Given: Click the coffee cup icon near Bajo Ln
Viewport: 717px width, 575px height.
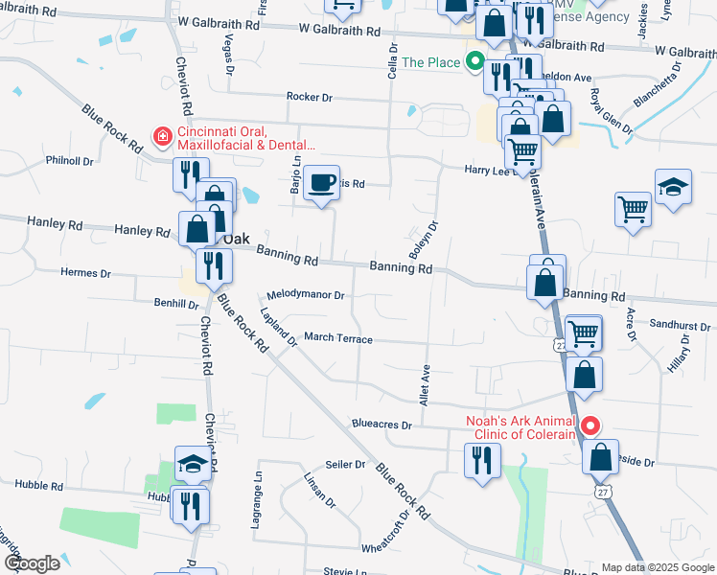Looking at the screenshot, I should click(322, 183).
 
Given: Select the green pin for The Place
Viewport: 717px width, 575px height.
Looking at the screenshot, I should click(474, 63).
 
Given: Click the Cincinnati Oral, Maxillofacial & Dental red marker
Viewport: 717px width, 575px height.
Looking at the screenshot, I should click(163, 137).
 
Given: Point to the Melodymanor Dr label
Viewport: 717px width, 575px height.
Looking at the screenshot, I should click(305, 295).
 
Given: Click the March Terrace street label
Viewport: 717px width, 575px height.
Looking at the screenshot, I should click(337, 338).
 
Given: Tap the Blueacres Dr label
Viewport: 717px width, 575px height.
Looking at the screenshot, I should click(382, 424).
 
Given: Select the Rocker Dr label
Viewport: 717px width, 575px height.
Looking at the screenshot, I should click(309, 97).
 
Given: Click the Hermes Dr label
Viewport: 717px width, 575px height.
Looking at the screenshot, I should click(85, 272).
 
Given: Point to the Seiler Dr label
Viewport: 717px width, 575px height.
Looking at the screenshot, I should click(346, 465).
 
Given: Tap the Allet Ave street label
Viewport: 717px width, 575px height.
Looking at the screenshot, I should click(426, 382).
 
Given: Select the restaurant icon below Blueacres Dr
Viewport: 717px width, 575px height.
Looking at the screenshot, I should click(481, 460).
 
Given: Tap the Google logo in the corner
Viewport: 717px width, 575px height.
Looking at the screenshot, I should click(31, 563).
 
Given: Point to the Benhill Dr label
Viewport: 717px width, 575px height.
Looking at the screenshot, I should click(175, 303).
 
